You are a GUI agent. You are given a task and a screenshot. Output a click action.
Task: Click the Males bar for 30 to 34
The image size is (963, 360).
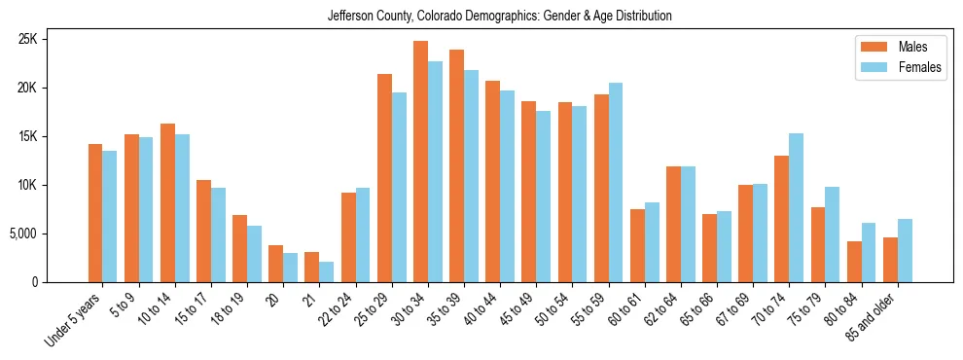pyautogui.click(x=420, y=162)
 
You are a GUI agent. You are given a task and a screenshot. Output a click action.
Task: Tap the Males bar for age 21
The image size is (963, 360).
pyautogui.click(x=312, y=267)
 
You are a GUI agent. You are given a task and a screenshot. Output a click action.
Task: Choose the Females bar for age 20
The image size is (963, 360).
pyautogui.click(x=291, y=268)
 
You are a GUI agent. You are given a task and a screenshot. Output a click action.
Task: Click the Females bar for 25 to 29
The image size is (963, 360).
pyautogui.click(x=399, y=187)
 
